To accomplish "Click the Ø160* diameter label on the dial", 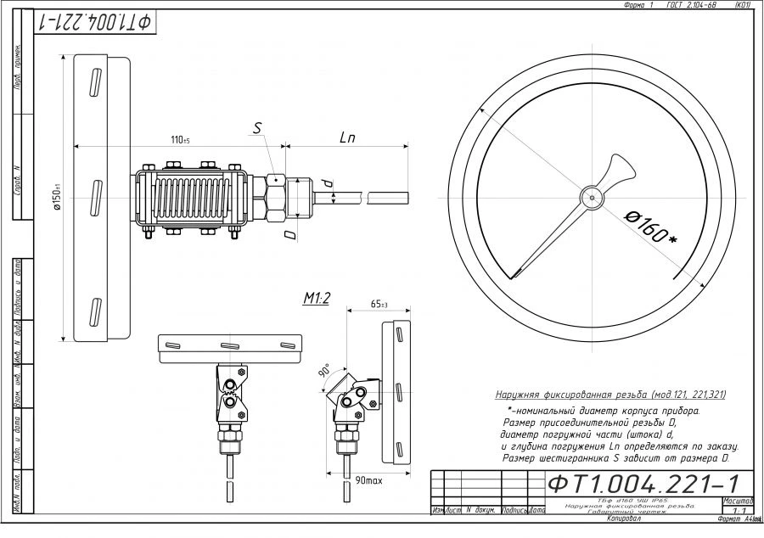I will (x=651, y=227).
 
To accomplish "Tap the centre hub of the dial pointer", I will (x=590, y=197).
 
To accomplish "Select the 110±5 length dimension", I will (x=180, y=139).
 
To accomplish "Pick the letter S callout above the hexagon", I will (x=259, y=128).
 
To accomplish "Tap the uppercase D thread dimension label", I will (x=290, y=231).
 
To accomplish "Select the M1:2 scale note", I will (x=317, y=298).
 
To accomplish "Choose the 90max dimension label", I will (x=369, y=481).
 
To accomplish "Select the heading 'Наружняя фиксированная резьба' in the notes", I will (x=610, y=395).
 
